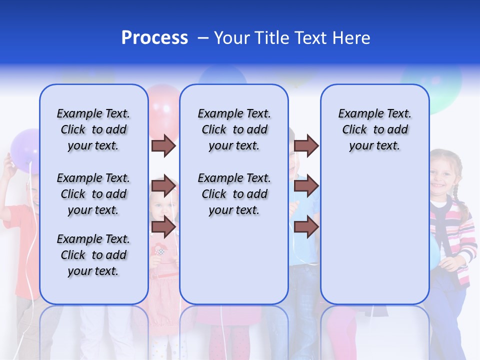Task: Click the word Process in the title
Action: coord(154,38)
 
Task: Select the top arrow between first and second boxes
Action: coord(163,145)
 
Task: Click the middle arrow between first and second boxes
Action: coord(163,186)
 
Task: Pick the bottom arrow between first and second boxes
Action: coord(163,227)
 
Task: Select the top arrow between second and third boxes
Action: coord(306,145)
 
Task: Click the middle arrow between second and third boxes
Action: coord(306,186)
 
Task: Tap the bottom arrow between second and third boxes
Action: coord(306,227)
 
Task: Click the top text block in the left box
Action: coord(93,129)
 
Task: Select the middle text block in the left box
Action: coord(93,194)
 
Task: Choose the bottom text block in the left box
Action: coord(93,255)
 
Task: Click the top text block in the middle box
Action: coord(234,129)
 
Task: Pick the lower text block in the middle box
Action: coord(234,194)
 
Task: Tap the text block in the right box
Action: coord(374,129)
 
